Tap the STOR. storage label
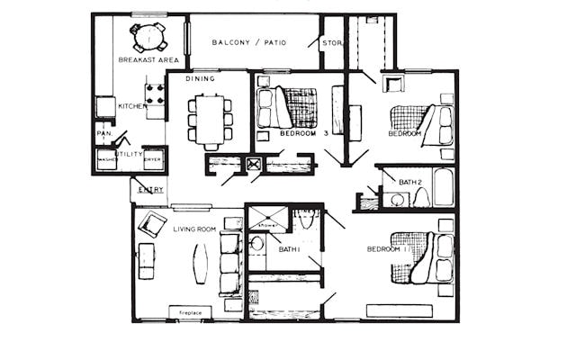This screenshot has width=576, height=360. [332, 42]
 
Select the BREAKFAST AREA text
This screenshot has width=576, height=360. [148, 60]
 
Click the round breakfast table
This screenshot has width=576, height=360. [148, 37]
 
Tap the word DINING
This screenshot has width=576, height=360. [200, 79]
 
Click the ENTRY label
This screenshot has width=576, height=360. [151, 189]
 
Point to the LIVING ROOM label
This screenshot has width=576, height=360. [194, 229]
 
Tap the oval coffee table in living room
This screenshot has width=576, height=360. [199, 264]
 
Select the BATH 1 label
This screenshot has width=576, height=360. [289, 249]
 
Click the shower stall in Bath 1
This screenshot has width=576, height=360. [267, 219]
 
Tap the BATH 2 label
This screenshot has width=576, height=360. [410, 183]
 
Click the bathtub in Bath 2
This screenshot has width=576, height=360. [444, 187]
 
